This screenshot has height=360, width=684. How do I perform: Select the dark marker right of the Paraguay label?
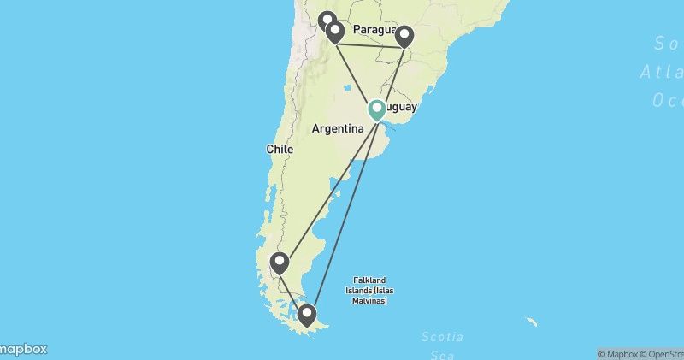[404, 36]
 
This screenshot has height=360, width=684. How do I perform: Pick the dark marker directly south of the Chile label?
[279, 263]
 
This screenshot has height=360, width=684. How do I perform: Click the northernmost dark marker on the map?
[326, 21]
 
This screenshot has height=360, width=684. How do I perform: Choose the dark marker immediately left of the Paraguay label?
[335, 32]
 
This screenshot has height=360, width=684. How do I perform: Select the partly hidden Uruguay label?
[403, 109]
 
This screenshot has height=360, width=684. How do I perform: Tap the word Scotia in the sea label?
[443, 337]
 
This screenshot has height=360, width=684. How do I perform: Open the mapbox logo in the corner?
[23, 349]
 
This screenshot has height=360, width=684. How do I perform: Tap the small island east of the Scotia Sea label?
[532, 322]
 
